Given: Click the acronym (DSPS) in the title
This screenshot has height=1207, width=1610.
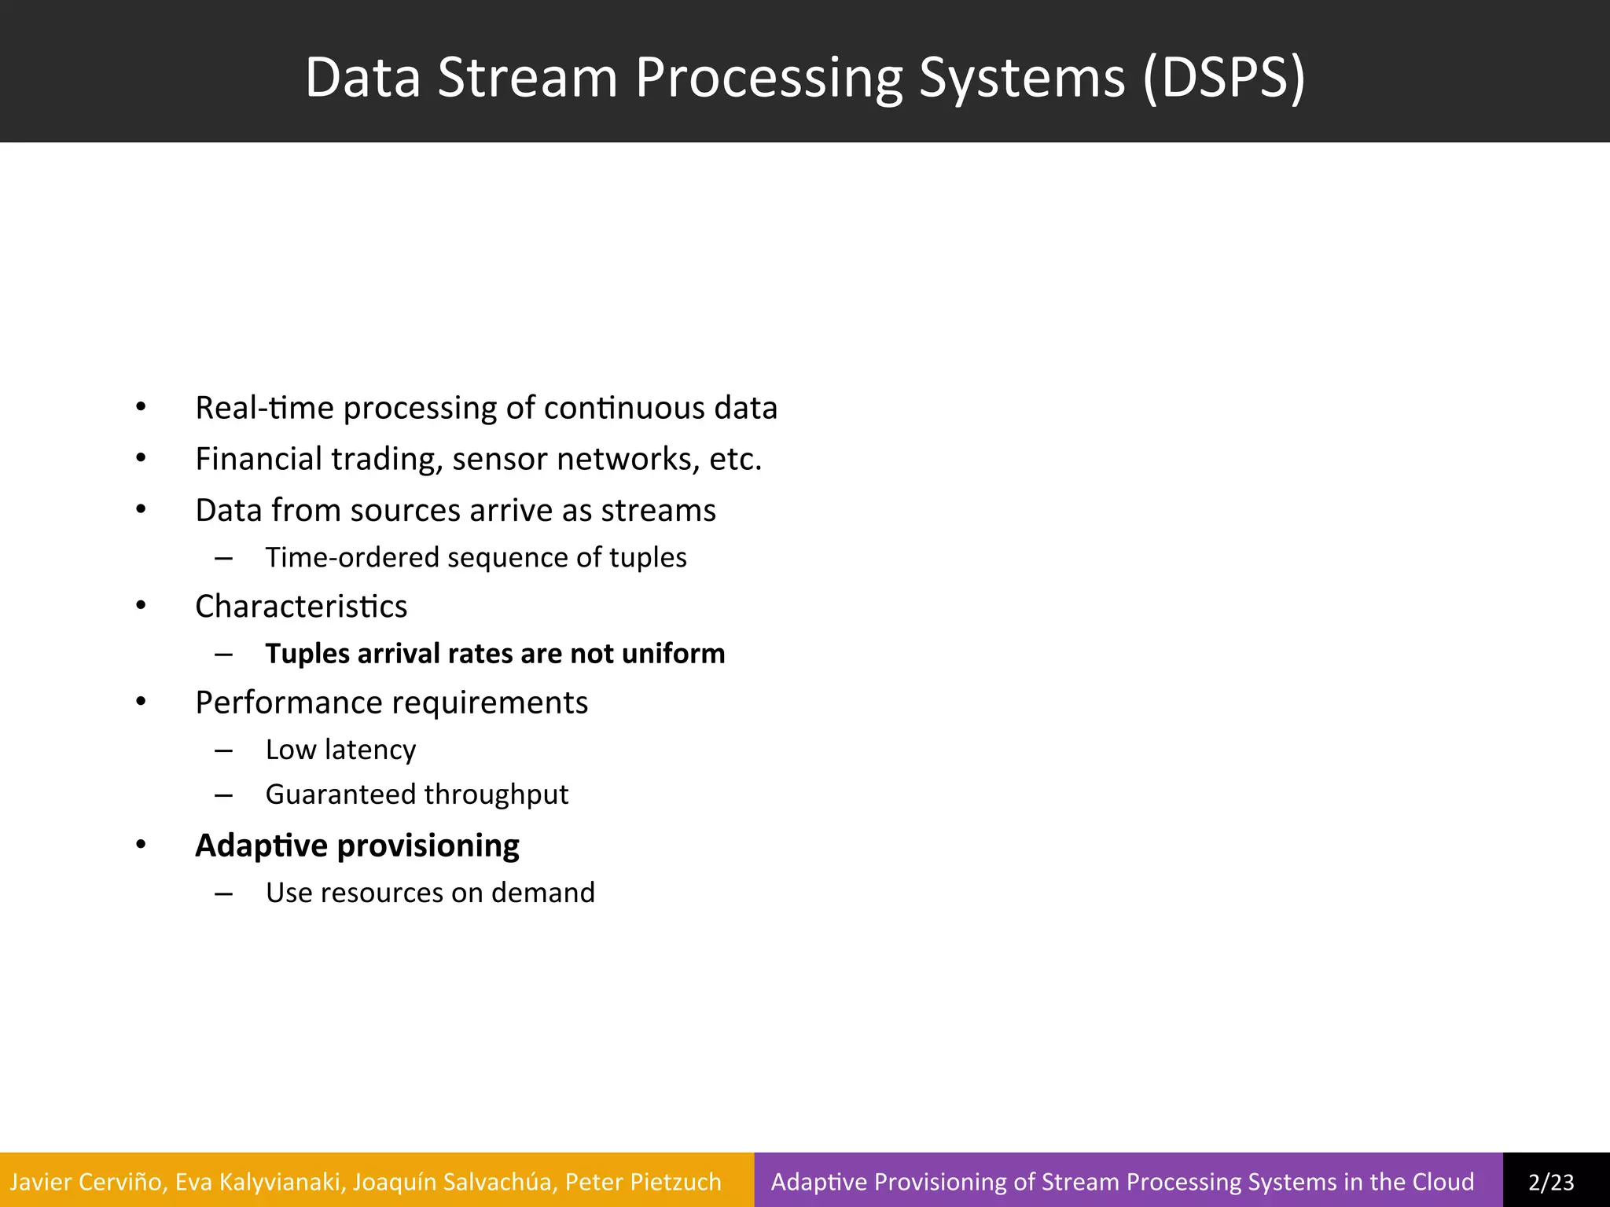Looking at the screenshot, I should coord(1223,79).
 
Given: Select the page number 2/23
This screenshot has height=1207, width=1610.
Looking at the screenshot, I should coord(1551,1182).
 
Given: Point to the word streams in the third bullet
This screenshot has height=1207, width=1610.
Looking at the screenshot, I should coord(658,510).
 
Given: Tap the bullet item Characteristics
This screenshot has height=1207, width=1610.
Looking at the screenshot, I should coord(301,607).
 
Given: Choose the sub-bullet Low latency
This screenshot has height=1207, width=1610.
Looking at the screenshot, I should coord(340,750).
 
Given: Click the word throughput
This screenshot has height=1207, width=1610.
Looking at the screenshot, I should coord(494,794).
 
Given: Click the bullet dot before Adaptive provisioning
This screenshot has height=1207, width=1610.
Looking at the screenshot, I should coord(141,845).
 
